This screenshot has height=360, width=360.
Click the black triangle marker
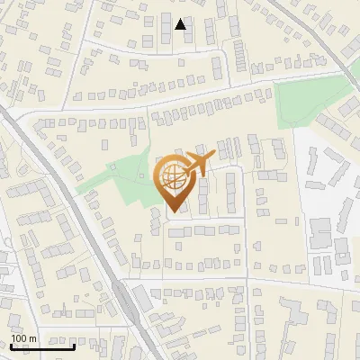pyautogui.click(x=181, y=24)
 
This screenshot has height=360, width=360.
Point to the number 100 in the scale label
pyautogui.click(x=19, y=339)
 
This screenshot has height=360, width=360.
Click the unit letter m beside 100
pyautogui.click(x=33, y=339)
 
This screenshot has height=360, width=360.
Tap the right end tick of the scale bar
pyautogui.click(x=75, y=345)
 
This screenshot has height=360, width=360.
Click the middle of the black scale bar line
pyautogui.click(x=41, y=346)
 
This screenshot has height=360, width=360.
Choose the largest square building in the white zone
pyautogui.click(x=320, y=232)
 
